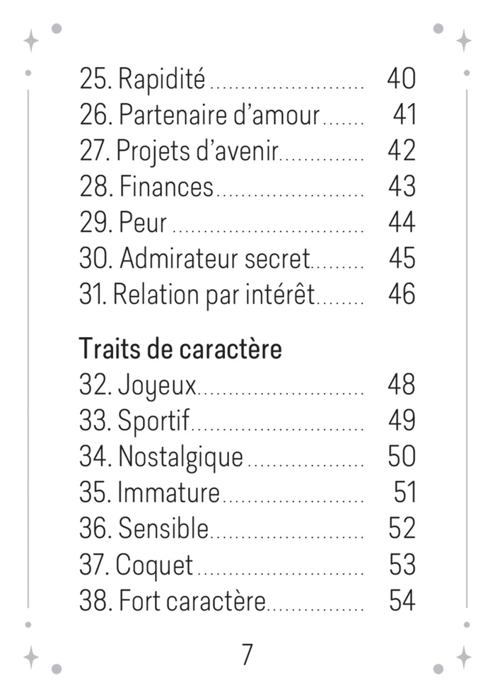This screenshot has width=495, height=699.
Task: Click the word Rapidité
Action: pos(162,79)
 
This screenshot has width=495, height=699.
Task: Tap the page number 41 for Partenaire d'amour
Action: pos(404,114)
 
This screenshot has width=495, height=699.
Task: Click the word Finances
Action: pos(166,187)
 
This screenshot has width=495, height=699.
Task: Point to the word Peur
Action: pos(143,223)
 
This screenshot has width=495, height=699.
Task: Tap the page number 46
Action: pos(402,294)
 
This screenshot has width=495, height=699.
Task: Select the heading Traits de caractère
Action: pos(180,348)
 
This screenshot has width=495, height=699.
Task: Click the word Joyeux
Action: pos(157,386)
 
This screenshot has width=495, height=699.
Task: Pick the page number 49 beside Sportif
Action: pos(402,420)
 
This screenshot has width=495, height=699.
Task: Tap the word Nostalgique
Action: pos(180,458)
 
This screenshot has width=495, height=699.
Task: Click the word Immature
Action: pos(168,492)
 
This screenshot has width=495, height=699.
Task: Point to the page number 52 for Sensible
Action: pos(402,528)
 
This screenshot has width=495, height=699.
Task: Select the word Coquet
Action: pos(154,565)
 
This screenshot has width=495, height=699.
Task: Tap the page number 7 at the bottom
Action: pos(248,654)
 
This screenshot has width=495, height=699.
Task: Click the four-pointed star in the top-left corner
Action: pos(31,40)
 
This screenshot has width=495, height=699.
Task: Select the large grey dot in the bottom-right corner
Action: pos(438,669)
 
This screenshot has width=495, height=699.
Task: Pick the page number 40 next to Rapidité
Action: pos(402,78)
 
